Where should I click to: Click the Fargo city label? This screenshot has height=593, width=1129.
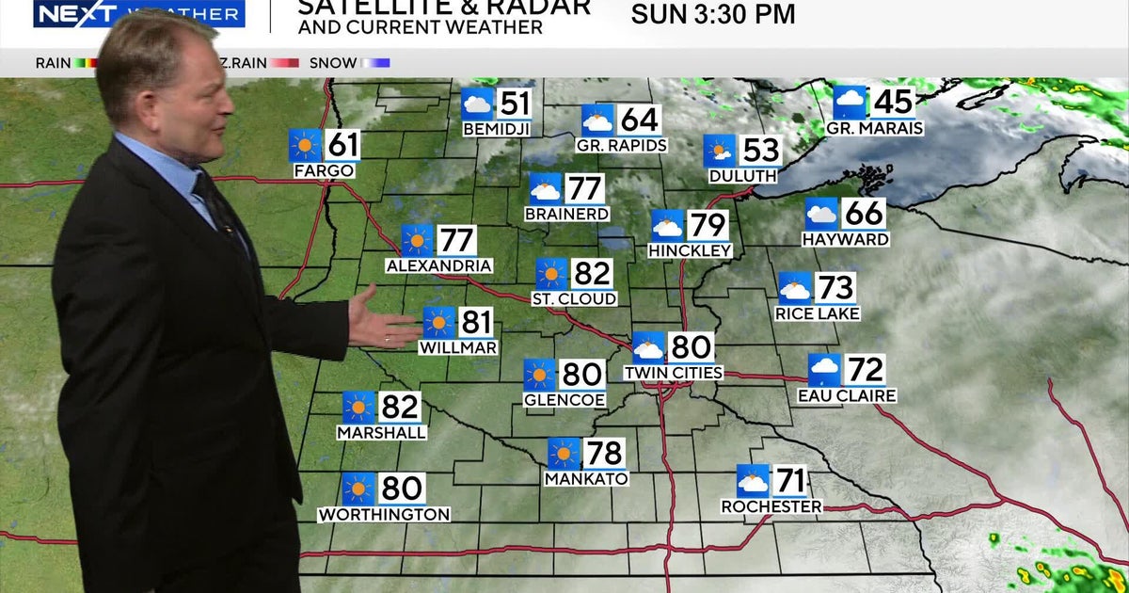pyautogui.click(x=324, y=170)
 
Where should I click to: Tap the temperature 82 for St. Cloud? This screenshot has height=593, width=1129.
pyautogui.click(x=592, y=274)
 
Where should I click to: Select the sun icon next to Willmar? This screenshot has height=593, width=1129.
pyautogui.click(x=438, y=323)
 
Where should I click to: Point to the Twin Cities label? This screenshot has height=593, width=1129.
pyautogui.click(x=673, y=373)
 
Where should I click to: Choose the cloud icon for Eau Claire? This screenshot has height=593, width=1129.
pyautogui.click(x=825, y=370)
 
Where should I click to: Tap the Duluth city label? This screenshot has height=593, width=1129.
pyautogui.click(x=743, y=175)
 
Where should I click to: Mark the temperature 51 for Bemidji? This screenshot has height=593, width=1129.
pyautogui.click(x=514, y=104)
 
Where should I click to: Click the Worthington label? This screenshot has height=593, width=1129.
pyautogui.click(x=384, y=515)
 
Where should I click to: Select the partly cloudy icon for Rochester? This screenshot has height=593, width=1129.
pyautogui.click(x=753, y=481)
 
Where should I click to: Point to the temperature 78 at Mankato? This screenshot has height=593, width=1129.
pyautogui.click(x=604, y=454)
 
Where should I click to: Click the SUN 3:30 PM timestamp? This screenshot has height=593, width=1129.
pyautogui.click(x=713, y=15)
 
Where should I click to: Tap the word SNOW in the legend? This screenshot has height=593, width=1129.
pyautogui.click(x=334, y=63)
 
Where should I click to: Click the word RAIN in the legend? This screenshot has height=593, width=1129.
pyautogui.click(x=54, y=63)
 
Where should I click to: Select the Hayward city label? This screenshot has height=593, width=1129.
pyautogui.click(x=845, y=239)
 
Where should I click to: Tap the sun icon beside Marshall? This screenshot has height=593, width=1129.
pyautogui.click(x=358, y=408)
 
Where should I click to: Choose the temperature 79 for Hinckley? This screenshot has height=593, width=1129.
pyautogui.click(x=707, y=226)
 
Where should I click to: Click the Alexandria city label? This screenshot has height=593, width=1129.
pyautogui.click(x=438, y=266)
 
